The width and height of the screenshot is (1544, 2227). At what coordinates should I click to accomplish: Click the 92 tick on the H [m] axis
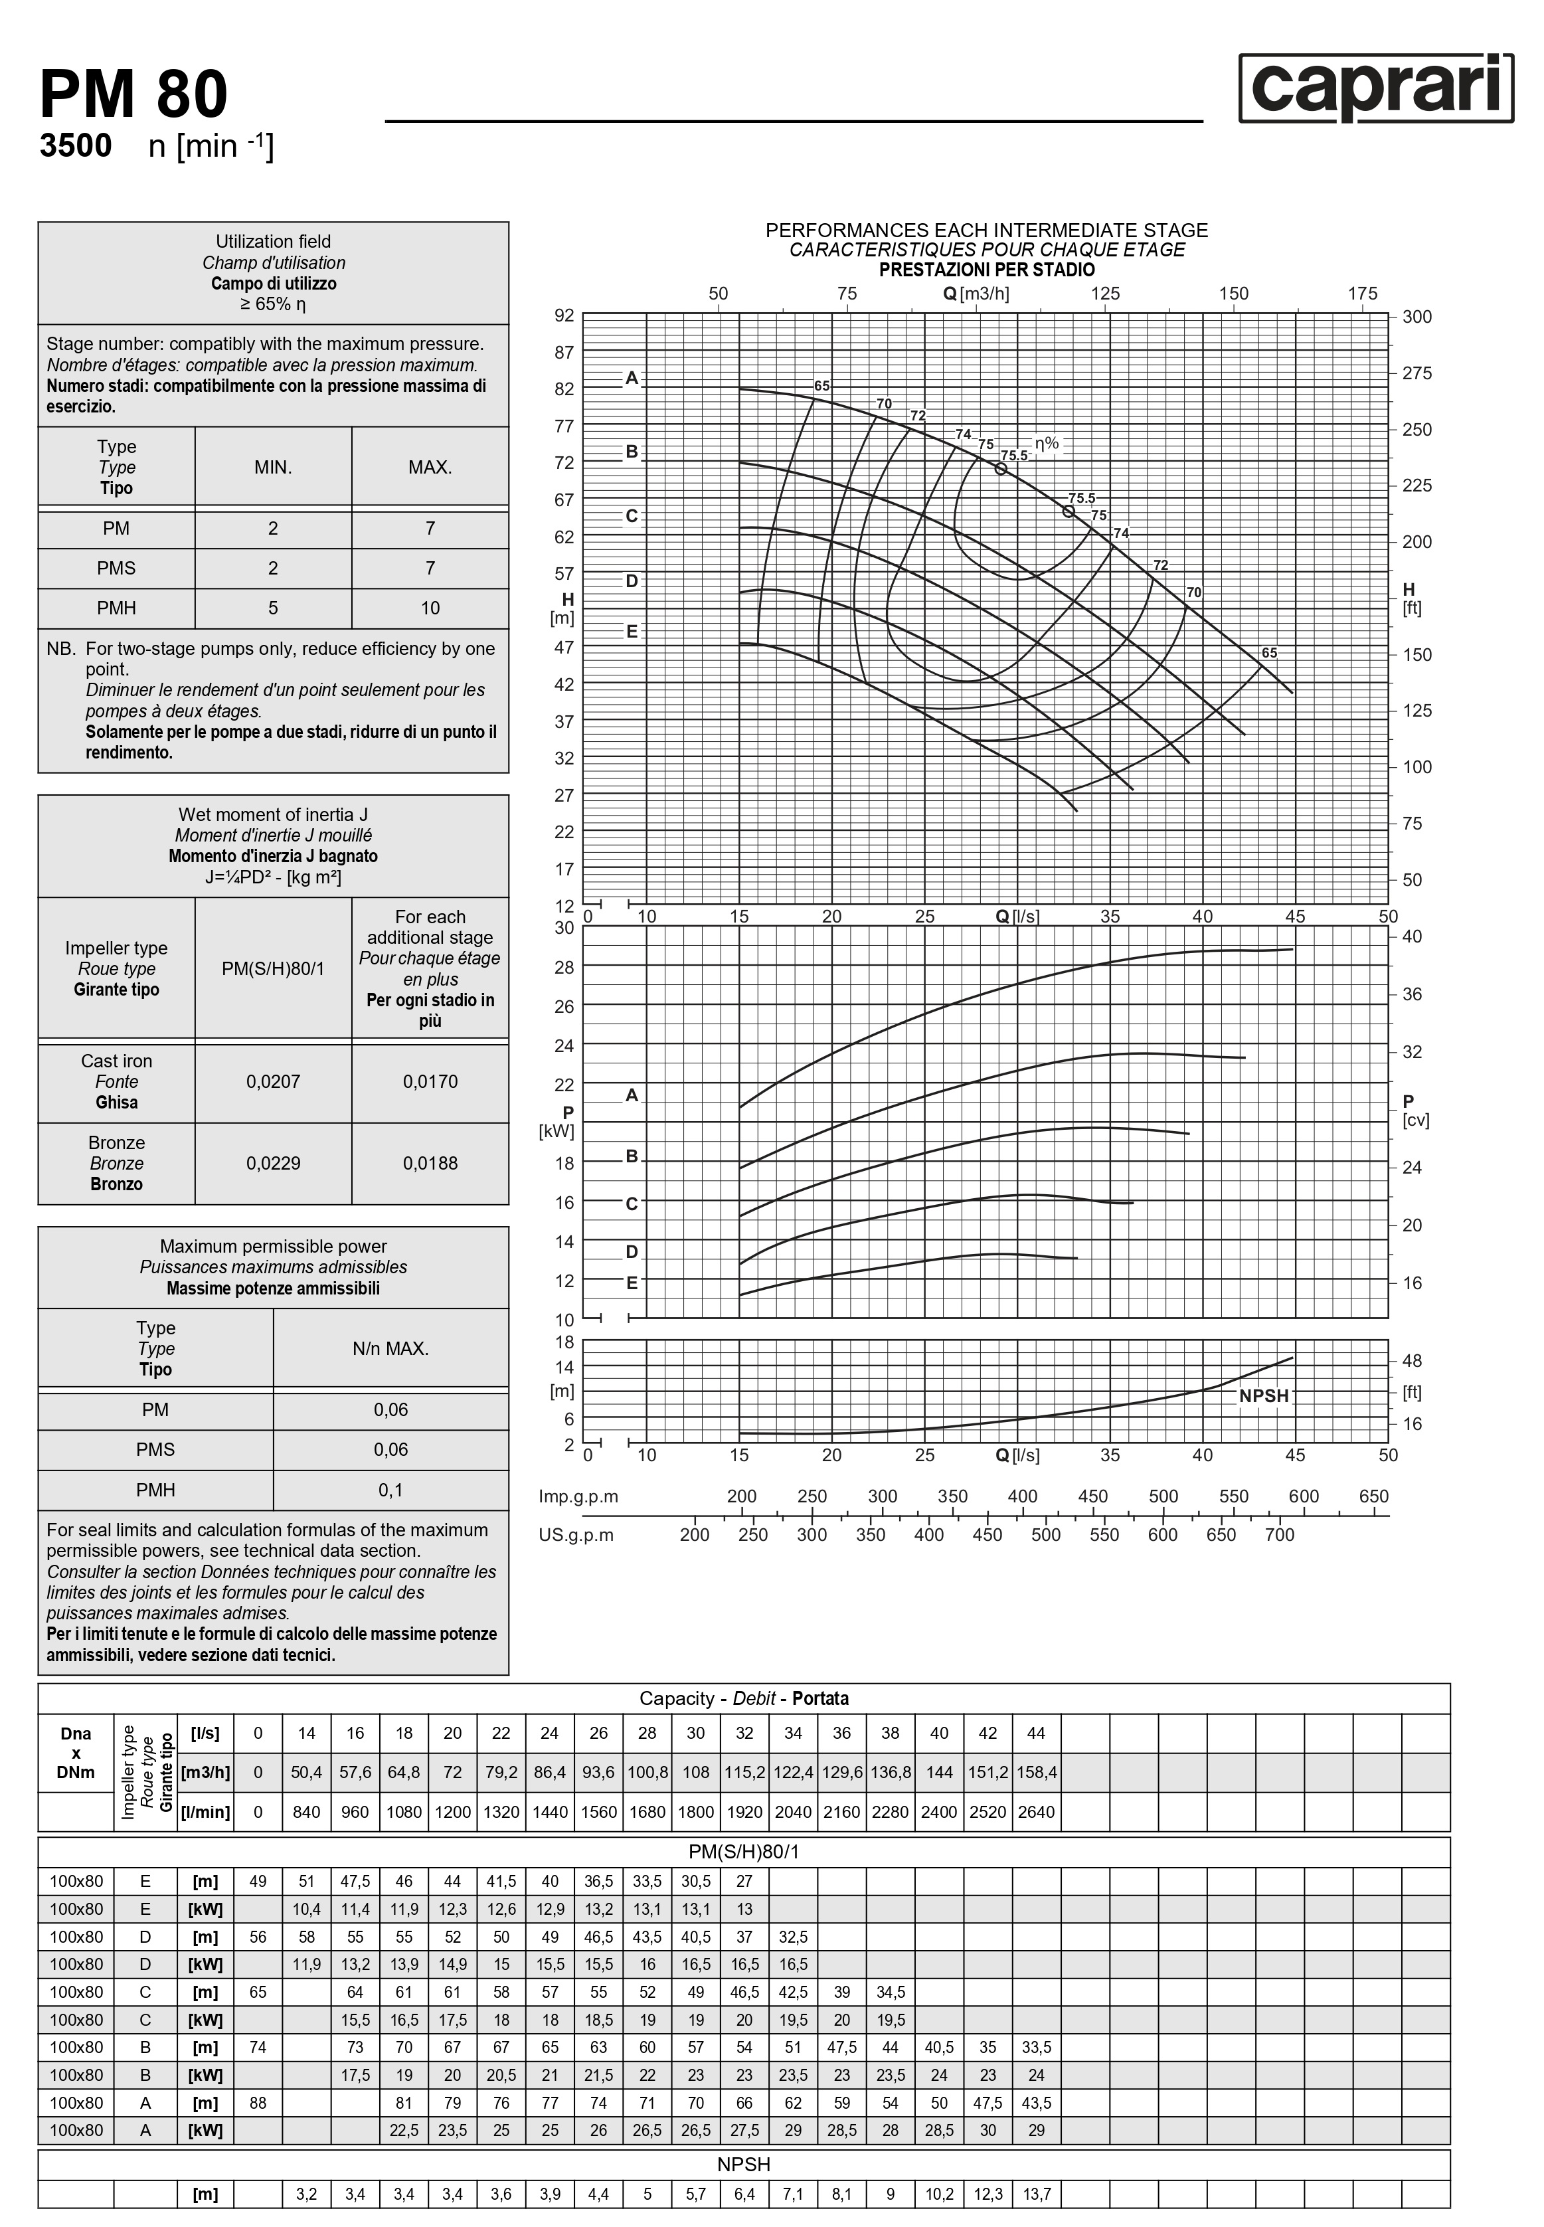click(564, 315)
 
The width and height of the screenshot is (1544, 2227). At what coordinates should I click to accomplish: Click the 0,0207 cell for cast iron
click(273, 1081)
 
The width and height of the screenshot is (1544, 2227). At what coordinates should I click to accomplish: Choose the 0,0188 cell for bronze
click(430, 1163)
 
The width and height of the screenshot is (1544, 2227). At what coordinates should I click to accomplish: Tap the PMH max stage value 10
click(430, 608)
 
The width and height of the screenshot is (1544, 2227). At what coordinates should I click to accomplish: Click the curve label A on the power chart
click(632, 1095)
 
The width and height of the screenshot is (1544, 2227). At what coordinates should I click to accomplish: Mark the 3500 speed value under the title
click(76, 146)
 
